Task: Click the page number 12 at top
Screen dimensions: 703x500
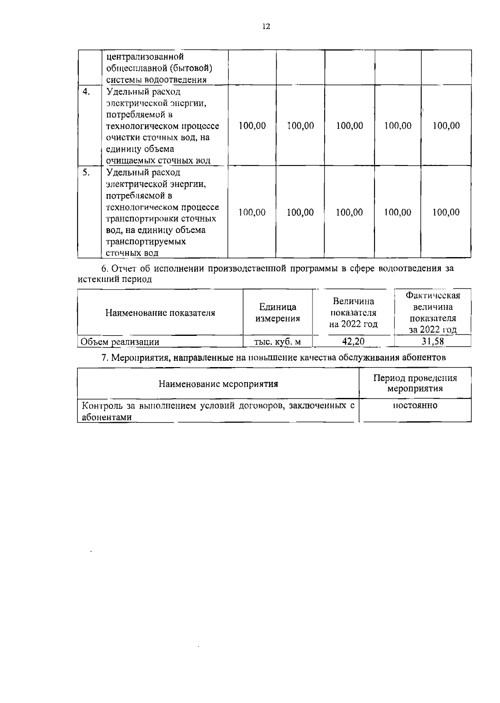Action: point(266,27)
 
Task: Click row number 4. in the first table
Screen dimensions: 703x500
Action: point(87,92)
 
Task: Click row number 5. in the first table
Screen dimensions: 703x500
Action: point(86,173)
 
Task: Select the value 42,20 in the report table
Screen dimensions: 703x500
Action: point(353,342)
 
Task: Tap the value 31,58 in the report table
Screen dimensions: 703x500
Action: point(432,342)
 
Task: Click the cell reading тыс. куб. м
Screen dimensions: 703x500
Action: point(277,342)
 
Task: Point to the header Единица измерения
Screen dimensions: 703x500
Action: point(277,313)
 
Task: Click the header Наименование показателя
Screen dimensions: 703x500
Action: point(160,313)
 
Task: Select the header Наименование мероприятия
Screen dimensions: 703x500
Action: point(218,384)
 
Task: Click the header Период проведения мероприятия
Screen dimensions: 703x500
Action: point(415,383)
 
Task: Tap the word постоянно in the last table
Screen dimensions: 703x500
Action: point(415,405)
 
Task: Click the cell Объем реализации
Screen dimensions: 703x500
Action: point(120,342)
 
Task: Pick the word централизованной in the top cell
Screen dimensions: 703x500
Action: point(145,56)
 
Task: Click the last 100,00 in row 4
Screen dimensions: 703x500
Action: point(446,126)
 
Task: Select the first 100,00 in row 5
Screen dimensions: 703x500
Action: point(252,213)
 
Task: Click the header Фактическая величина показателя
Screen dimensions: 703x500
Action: point(432,313)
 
